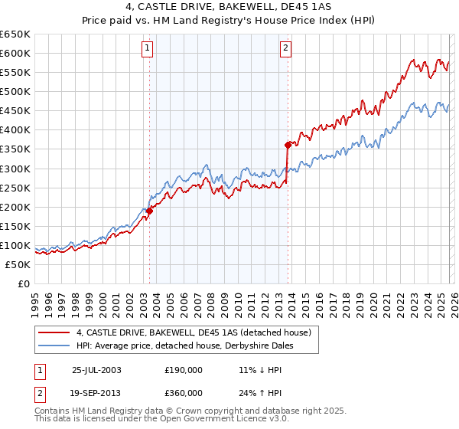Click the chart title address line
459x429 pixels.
click(x=229, y=7)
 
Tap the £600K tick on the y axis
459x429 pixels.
click(x=15, y=53)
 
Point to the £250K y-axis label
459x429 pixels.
click(x=15, y=188)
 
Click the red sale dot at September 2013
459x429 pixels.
click(x=288, y=145)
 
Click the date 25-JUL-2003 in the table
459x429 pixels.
click(x=96, y=370)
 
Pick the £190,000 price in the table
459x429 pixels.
click(x=183, y=370)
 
